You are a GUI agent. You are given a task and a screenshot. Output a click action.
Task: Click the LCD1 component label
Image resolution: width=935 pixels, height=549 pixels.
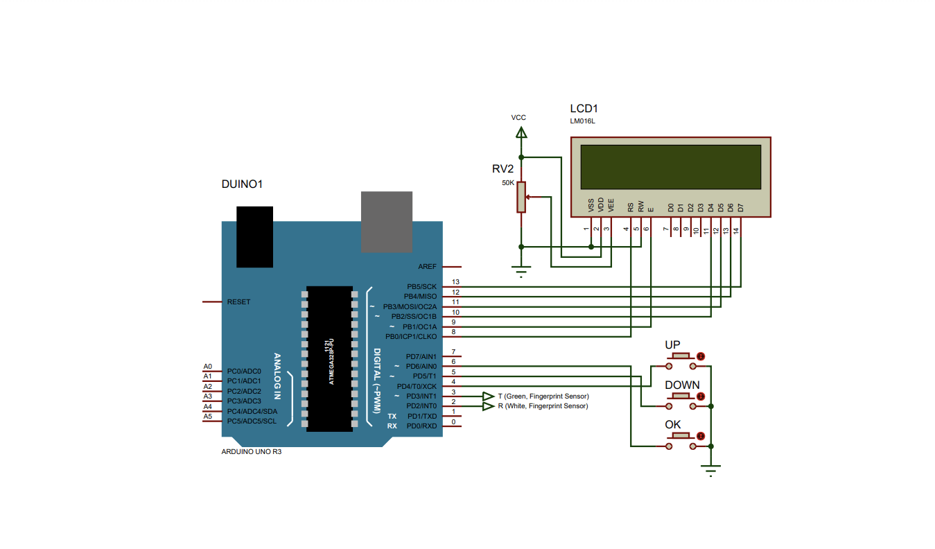click(584, 109)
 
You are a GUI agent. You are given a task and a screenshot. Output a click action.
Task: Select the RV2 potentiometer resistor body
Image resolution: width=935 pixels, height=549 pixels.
click(521, 196)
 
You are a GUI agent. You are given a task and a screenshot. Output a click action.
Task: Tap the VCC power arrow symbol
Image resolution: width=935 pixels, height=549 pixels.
click(522, 131)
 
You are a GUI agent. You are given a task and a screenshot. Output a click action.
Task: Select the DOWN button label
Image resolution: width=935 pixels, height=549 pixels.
click(682, 385)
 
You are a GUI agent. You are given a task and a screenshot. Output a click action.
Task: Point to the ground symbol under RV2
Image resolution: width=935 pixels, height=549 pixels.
click(522, 271)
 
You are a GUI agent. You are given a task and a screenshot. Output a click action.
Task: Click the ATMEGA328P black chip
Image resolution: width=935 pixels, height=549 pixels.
click(329, 358)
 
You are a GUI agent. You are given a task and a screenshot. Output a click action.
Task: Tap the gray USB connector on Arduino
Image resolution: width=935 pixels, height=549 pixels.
click(387, 222)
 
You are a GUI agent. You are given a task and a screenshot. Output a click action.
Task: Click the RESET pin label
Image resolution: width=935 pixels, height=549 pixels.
click(239, 302)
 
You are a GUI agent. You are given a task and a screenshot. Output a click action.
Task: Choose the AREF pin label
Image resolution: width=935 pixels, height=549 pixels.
click(427, 267)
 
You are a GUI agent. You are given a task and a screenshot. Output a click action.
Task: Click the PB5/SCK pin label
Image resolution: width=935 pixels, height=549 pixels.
click(421, 286)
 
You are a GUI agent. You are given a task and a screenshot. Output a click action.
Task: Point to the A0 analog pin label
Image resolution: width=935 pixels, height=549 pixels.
click(207, 367)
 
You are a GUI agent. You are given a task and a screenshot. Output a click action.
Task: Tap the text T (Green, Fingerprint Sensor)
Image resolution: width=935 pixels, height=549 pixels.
click(543, 396)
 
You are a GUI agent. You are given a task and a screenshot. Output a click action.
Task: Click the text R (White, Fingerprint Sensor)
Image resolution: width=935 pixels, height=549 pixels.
click(543, 406)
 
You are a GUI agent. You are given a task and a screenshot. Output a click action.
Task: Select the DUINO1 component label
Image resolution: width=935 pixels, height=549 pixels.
click(241, 184)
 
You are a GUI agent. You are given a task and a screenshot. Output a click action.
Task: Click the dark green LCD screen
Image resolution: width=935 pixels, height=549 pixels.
click(670, 166)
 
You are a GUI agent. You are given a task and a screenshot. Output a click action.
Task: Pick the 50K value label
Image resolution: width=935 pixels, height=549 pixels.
click(508, 183)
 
